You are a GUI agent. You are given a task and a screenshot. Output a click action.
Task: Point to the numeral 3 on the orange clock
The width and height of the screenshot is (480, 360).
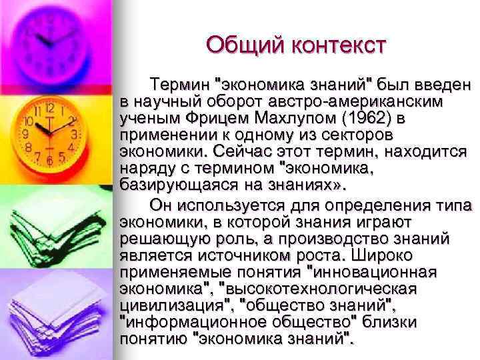tap(75, 134)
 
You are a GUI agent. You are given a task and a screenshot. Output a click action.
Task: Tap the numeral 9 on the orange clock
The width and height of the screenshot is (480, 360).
tap(25, 134)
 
